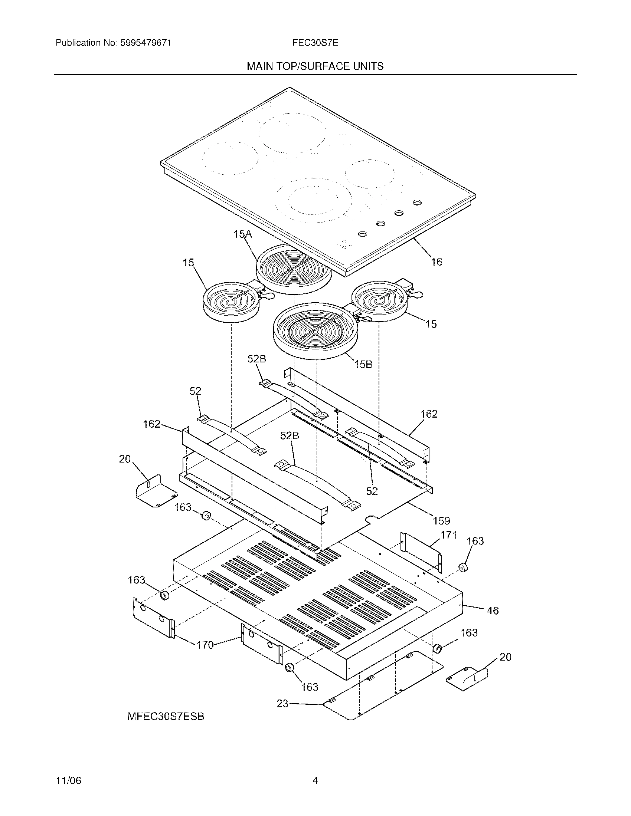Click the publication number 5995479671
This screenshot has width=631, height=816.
pos(146,43)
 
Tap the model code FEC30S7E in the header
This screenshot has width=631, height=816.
pos(315,43)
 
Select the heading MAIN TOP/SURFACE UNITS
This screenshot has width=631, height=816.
pos(315,66)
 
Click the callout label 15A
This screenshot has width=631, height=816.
pos(243,234)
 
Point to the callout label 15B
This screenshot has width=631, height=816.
pos(363,364)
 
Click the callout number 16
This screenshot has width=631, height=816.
pos(437,262)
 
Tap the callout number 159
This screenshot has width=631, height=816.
pos(441,520)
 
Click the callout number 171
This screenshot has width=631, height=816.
pos(449,535)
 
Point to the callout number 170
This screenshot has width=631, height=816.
pos(205,645)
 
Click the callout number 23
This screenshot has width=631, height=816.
pos(282,704)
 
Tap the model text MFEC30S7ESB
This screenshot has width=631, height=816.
pos(166,717)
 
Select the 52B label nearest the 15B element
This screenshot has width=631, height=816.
pos(256,359)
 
